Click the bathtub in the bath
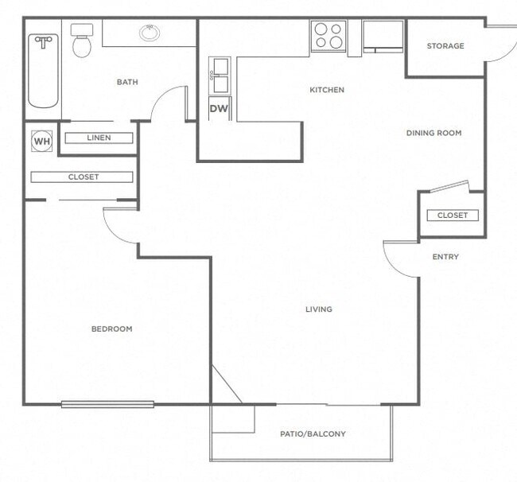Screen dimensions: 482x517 (43, 70)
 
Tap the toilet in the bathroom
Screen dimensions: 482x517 (82, 42)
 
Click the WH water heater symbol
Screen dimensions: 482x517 (41, 142)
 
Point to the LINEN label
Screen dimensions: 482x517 (99, 138)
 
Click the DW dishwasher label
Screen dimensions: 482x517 (218, 109)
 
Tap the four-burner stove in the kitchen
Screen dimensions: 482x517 (328, 36)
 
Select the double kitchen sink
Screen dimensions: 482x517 (219, 76)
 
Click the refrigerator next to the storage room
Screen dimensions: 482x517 (383, 36)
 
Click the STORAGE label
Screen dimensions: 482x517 (445, 46)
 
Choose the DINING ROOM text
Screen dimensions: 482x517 (433, 133)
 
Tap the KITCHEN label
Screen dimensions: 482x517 (327, 90)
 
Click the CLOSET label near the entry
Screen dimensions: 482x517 (452, 216)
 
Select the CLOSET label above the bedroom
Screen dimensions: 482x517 (83, 177)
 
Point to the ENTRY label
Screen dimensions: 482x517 (445, 257)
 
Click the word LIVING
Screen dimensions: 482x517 (319, 309)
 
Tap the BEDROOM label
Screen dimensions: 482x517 (111, 328)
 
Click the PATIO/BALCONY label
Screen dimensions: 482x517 (313, 434)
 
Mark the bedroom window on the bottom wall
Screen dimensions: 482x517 (107, 404)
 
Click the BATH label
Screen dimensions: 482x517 (127, 82)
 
